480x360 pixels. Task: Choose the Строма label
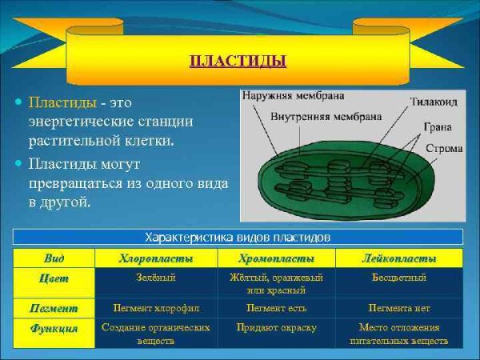tap(442, 148)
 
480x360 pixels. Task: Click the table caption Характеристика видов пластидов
tap(238, 237)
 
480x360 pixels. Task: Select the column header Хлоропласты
tap(155, 258)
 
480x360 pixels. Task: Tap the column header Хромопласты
tap(276, 258)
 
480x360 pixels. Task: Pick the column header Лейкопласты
tap(398, 258)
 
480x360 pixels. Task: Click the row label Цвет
tap(54, 278)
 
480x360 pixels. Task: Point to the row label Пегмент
tap(54, 307)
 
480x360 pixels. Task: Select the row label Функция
tap(54, 328)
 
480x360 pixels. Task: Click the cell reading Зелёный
tap(155, 278)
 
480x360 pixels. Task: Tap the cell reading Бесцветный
tap(398, 278)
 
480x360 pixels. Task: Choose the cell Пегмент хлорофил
tap(155, 307)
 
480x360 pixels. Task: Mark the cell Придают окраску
tap(276, 327)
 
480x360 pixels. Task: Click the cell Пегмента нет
tap(398, 307)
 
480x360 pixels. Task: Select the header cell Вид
tap(54, 258)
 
